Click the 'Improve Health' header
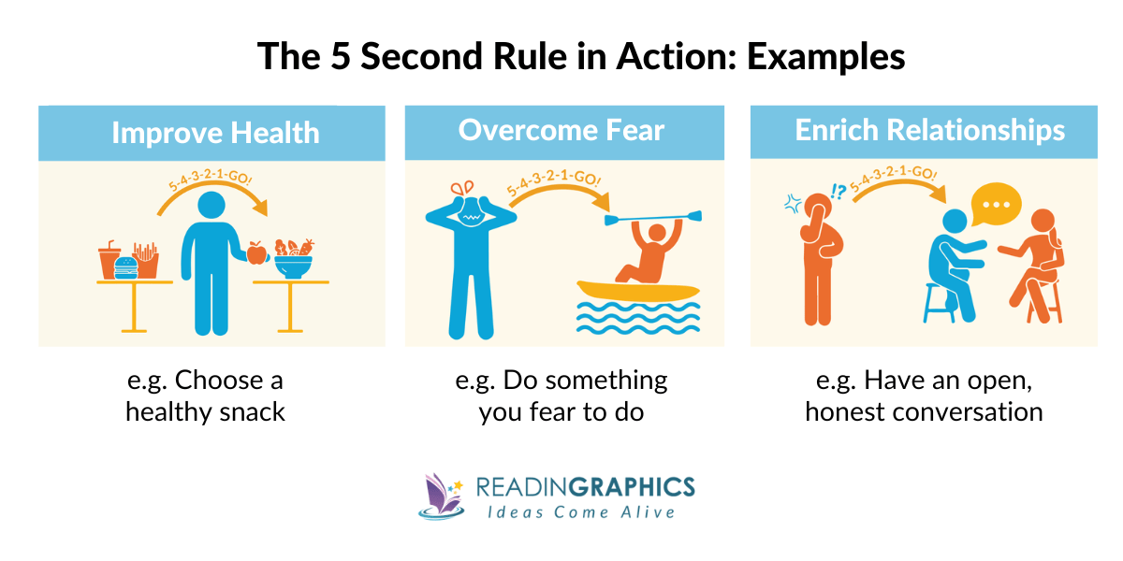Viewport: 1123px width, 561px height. click(215, 133)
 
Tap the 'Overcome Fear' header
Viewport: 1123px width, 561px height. click(561, 131)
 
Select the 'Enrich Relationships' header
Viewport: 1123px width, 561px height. click(929, 131)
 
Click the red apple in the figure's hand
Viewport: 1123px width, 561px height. click(255, 252)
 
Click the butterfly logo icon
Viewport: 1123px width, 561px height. click(438, 496)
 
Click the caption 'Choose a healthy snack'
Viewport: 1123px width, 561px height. click(206, 396)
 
